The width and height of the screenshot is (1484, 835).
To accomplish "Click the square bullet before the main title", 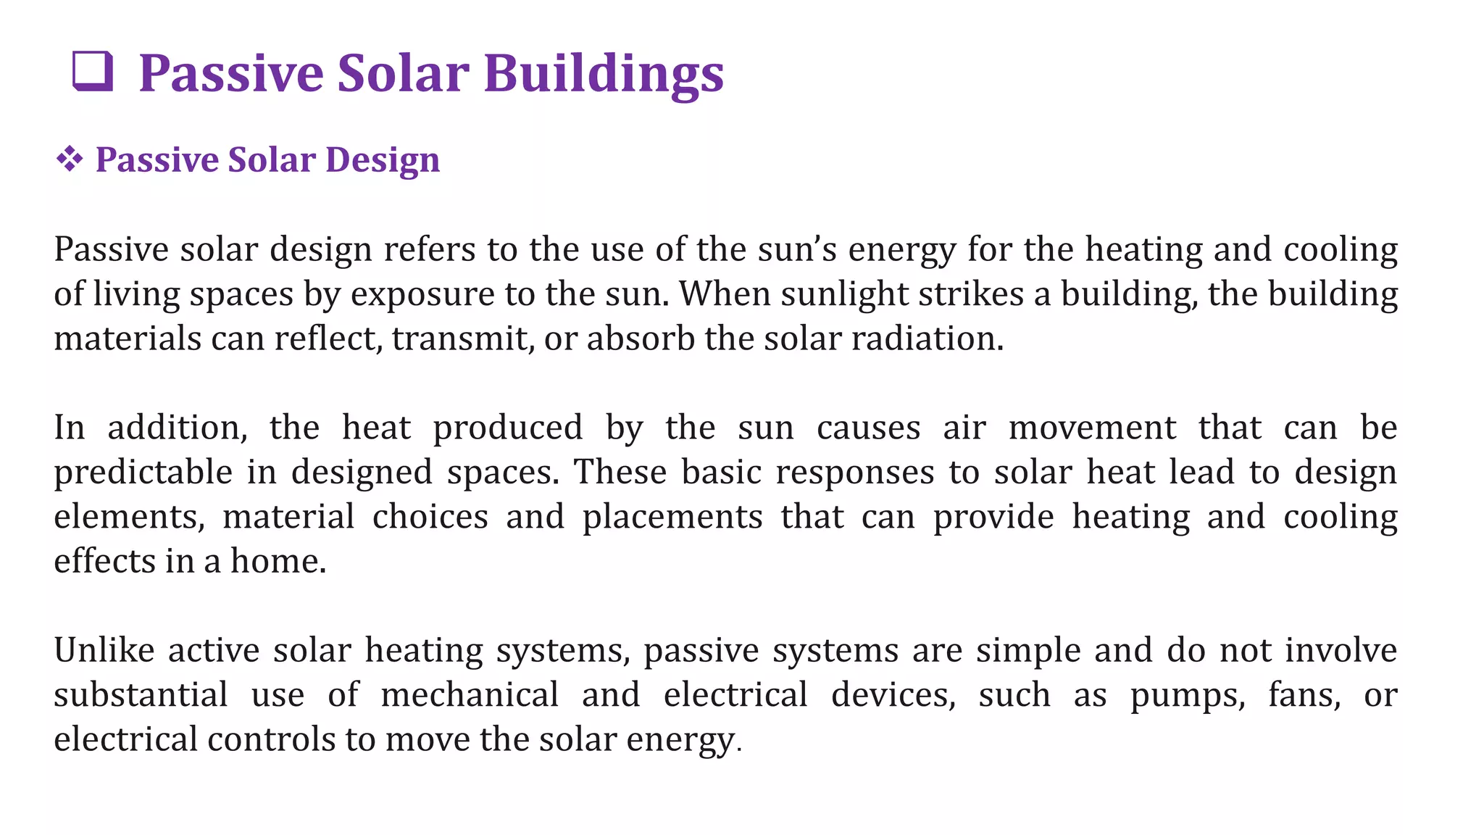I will pos(93,72).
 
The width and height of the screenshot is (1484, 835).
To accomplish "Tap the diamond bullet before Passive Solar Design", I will pos(70,159).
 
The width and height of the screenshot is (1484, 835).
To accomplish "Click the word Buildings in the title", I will pos(604,73).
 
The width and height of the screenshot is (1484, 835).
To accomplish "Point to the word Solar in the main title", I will pos(403,73).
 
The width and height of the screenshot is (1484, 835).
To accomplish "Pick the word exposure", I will pos(422,294).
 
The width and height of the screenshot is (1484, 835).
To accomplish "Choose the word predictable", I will pos(143,473).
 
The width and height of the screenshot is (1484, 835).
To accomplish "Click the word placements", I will pos(672,517).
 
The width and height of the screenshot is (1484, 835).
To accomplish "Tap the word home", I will pos(278,561).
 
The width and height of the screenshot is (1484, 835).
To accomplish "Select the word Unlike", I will pos(104,650).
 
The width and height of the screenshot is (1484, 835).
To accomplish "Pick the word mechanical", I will pos(470,694).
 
